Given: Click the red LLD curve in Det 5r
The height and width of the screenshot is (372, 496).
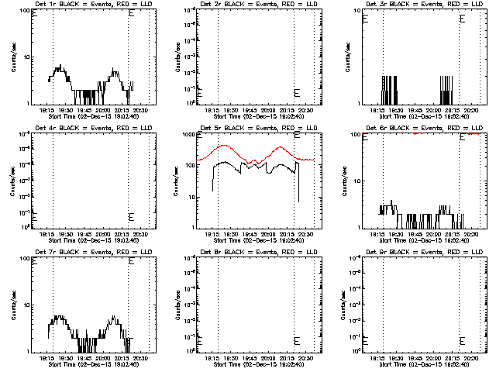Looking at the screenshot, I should coord(225,145).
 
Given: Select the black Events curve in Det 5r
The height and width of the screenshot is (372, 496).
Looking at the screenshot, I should coord(225,163).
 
